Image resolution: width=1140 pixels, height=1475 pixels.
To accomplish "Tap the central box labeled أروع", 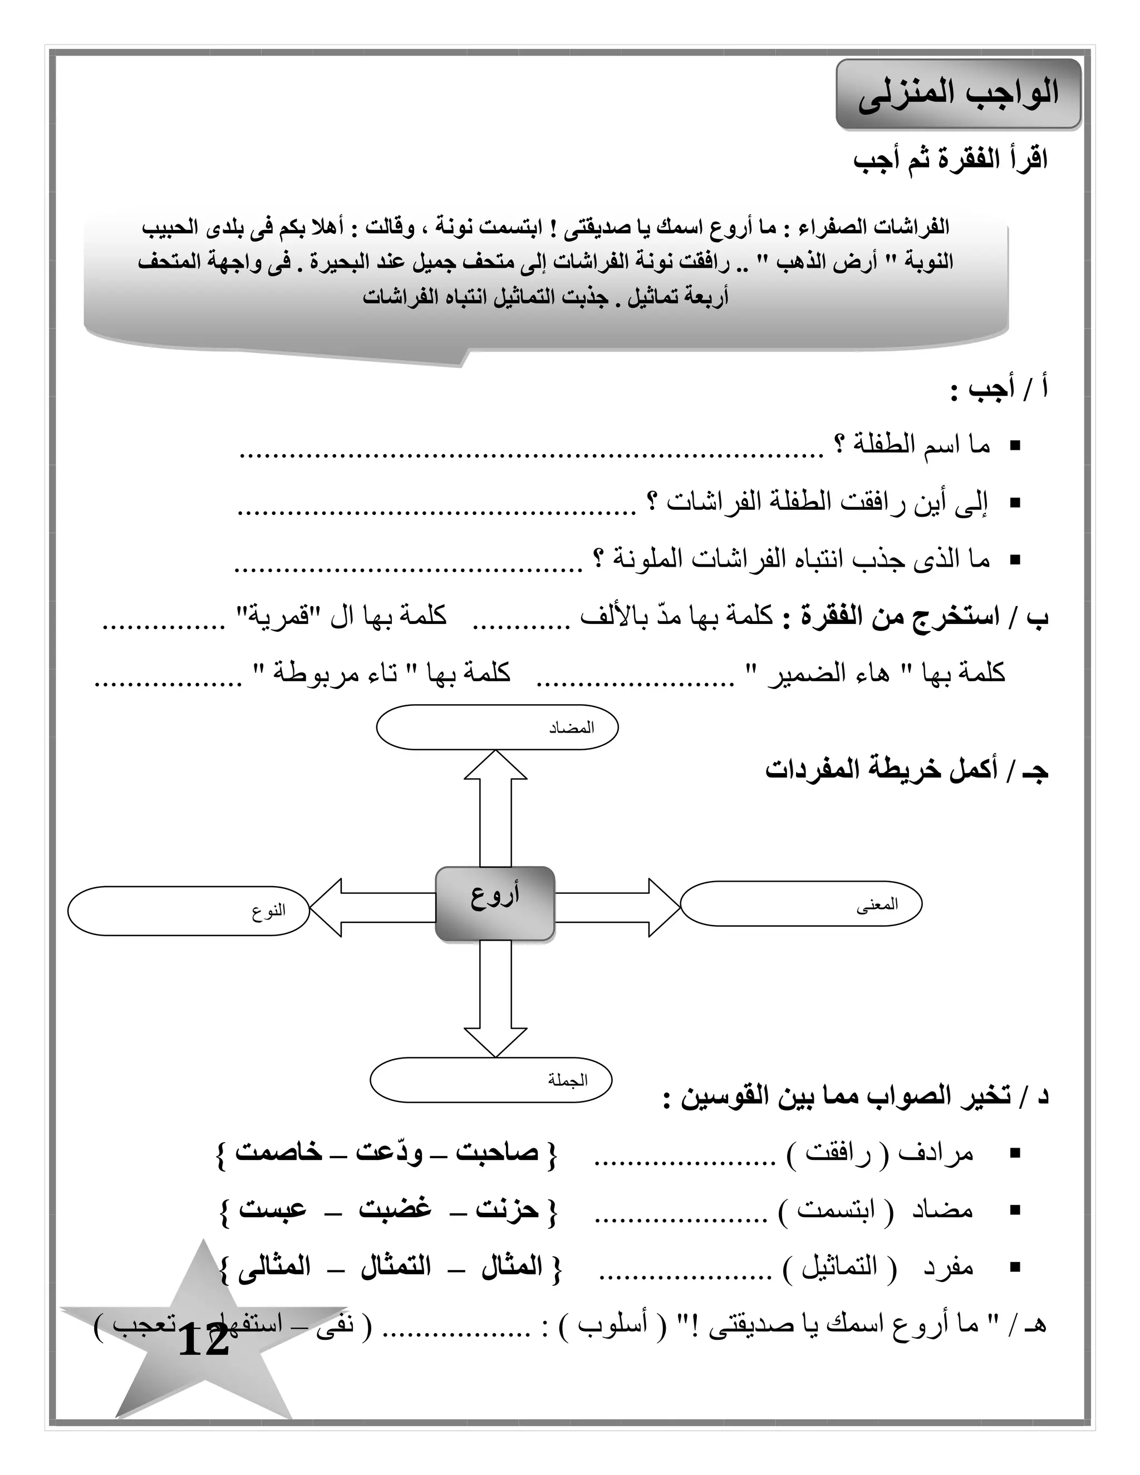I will pyautogui.click(x=494, y=903).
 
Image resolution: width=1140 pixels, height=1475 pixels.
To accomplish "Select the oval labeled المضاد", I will pyautogui.click(x=497, y=727).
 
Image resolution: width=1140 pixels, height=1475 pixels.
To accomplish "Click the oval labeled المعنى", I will pyautogui.click(x=801, y=903).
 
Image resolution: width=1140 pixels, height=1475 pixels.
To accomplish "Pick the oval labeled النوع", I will pyautogui.click(x=189, y=911).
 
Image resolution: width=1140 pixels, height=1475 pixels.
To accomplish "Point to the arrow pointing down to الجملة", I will pyautogui.click(x=495, y=1000).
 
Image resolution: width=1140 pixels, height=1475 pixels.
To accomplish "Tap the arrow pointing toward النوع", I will pyautogui.click(x=371, y=907).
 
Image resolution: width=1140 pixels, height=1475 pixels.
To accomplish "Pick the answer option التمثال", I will pyautogui.click(x=396, y=1266).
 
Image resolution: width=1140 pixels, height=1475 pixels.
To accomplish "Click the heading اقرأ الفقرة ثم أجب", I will pyautogui.click(x=950, y=161).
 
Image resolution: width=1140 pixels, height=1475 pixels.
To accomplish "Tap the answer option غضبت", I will pyautogui.click(x=395, y=1209).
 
